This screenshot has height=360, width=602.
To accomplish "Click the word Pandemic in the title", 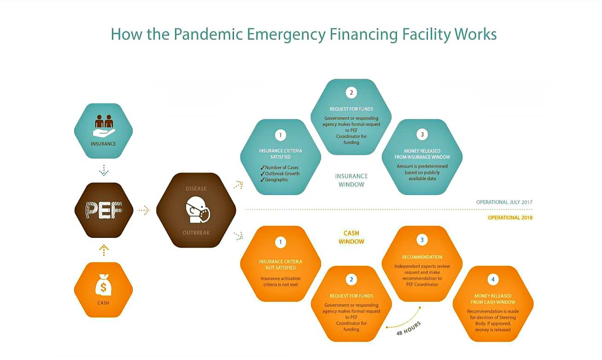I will (x=205, y=35).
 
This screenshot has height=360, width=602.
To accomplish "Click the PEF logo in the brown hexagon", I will (x=104, y=210).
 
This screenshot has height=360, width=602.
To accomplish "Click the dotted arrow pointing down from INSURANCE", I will (x=104, y=171).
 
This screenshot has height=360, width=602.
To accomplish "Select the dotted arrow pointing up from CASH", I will (x=104, y=250).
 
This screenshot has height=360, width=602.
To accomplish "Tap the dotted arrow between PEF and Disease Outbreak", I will (x=144, y=210).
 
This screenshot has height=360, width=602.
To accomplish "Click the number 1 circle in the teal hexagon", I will (x=281, y=135).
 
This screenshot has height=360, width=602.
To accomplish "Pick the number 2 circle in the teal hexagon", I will (x=351, y=93).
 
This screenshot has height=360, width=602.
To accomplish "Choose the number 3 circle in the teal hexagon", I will (x=422, y=135).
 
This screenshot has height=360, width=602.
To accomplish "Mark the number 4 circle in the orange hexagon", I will (x=492, y=280).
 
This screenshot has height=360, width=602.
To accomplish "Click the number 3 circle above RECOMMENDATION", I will (x=422, y=240).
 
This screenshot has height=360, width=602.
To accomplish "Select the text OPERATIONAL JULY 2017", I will (x=504, y=202).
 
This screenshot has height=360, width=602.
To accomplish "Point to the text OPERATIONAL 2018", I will (x=510, y=218).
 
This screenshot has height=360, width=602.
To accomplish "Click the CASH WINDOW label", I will (x=351, y=237).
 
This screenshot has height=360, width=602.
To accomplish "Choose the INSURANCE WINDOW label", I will (x=351, y=180).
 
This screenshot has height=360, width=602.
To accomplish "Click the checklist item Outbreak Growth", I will (x=282, y=173).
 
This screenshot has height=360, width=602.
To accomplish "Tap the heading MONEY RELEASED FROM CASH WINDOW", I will (x=492, y=299).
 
